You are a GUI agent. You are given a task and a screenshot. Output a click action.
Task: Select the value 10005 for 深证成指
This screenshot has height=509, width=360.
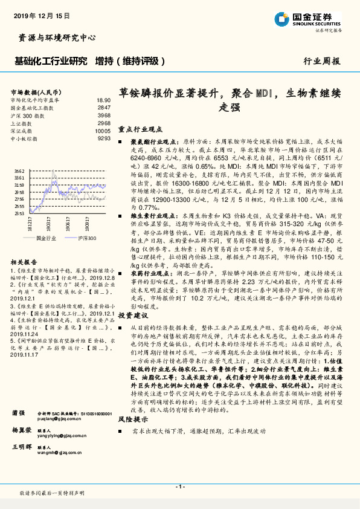[x=103, y=130]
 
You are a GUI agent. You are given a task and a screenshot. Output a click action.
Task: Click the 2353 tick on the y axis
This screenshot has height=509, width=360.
[x=20, y=213]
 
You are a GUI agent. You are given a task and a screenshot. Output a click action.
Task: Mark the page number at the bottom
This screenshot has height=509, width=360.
[x=179, y=487]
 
